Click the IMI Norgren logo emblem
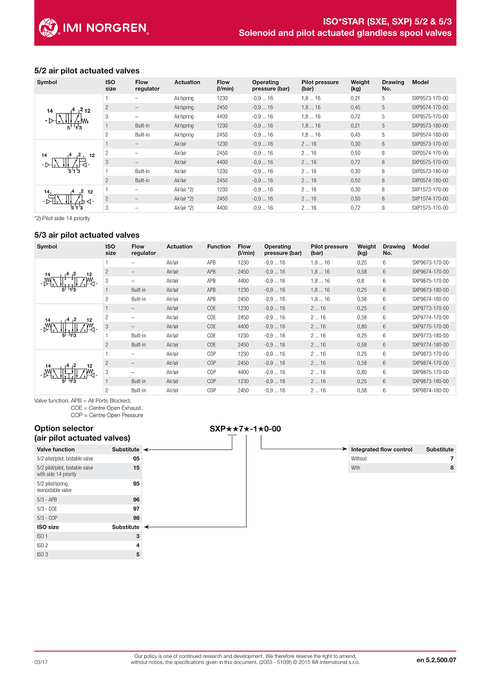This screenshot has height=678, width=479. [49, 27]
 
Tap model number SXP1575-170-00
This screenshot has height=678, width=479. [429, 208]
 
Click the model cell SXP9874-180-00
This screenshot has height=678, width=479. [430, 390]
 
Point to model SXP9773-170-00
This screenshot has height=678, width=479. [430, 308]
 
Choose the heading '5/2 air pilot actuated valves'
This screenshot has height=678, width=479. [86, 71]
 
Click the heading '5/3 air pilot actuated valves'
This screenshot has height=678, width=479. [86, 235]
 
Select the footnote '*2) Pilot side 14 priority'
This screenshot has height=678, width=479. [62, 218]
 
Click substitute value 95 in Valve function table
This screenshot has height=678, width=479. [136, 483]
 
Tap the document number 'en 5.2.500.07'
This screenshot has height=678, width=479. [436, 660]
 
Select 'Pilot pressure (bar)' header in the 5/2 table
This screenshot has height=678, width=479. [319, 86]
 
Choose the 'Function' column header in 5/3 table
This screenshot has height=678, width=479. [218, 247]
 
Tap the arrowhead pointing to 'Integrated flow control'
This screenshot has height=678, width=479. [348, 449]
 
